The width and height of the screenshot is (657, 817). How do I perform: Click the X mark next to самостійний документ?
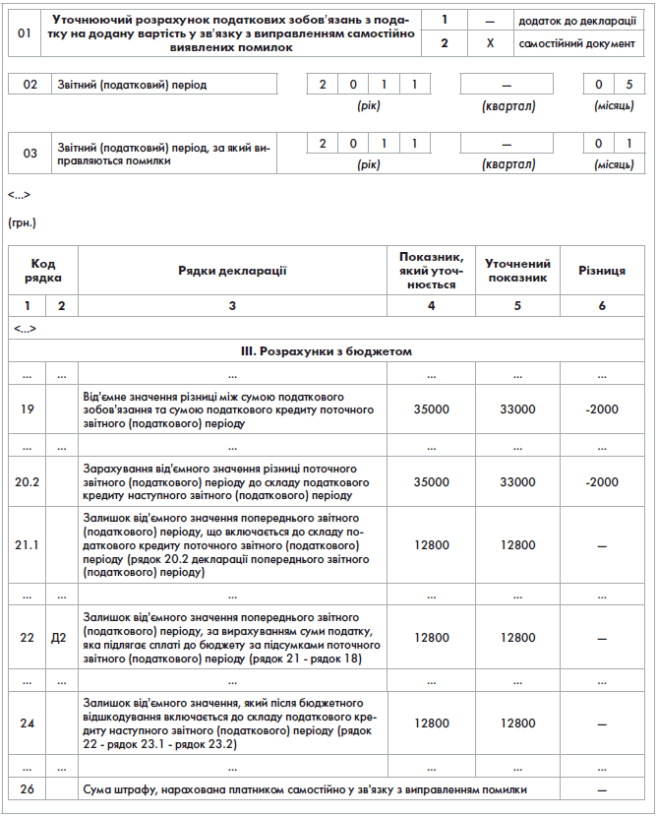coord(490,43)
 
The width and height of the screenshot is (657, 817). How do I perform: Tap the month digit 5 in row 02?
coord(628,85)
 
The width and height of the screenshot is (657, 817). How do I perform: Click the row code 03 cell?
coord(30,153)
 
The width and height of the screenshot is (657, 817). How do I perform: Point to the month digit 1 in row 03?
coord(628,144)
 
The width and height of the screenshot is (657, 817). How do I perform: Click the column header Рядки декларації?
coord(232,271)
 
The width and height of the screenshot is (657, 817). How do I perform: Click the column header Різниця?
coord(602,271)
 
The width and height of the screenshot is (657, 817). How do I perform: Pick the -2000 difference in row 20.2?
coord(602,482)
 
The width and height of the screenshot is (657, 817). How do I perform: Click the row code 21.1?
coord(28,544)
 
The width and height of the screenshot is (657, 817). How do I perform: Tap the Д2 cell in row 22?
coord(61,637)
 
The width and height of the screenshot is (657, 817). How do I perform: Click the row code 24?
coord(28,723)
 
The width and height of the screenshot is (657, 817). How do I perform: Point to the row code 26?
coord(28,789)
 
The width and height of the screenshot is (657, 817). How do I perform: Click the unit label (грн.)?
coord(22,223)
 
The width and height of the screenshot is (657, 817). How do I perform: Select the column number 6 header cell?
coord(602,306)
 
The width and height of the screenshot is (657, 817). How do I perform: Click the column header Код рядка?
coord(42,271)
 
